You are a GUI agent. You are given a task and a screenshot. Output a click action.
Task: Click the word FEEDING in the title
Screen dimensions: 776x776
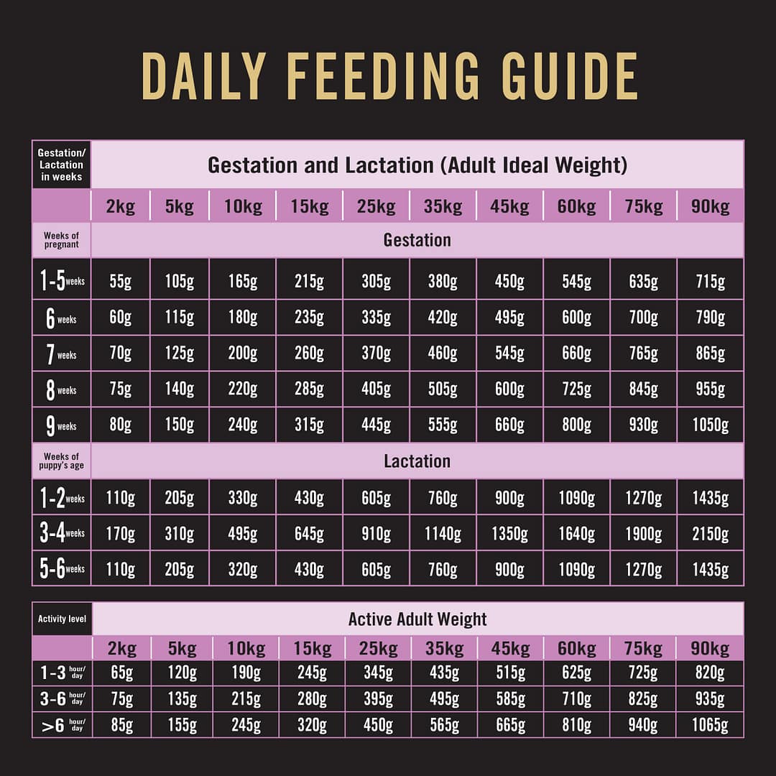click(x=382, y=75)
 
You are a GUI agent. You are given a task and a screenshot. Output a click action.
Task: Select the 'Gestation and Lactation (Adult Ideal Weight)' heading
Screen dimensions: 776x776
click(x=417, y=165)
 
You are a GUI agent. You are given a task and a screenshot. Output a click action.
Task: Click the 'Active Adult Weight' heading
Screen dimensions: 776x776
click(x=417, y=619)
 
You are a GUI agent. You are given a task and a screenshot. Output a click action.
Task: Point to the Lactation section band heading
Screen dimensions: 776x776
click(x=417, y=461)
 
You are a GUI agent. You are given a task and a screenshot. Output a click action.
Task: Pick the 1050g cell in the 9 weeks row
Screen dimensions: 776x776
click(x=710, y=425)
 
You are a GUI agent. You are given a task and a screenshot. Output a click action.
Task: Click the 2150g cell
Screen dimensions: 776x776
click(x=710, y=534)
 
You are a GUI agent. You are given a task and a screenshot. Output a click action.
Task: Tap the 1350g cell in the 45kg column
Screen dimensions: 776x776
click(x=509, y=534)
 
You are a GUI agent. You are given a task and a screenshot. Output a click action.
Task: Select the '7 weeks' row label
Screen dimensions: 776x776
click(x=61, y=354)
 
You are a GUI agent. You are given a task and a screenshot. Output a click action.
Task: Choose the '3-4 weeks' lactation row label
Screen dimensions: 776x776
click(x=61, y=533)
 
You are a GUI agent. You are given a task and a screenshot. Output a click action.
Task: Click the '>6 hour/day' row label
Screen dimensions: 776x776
click(x=62, y=726)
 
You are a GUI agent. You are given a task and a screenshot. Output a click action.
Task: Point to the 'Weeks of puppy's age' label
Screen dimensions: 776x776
click(x=61, y=461)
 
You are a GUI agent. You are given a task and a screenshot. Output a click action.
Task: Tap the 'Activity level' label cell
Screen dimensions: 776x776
click(x=62, y=619)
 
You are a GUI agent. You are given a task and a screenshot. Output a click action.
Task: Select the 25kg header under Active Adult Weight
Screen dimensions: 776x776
click(x=378, y=648)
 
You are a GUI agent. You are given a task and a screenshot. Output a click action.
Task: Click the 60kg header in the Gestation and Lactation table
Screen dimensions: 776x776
click(x=576, y=207)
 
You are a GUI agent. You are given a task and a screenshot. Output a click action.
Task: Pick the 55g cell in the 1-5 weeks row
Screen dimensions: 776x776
click(x=121, y=282)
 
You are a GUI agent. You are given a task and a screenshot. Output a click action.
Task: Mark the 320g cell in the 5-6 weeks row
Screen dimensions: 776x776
click(x=243, y=570)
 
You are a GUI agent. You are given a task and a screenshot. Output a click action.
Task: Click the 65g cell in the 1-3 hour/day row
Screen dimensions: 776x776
click(x=122, y=673)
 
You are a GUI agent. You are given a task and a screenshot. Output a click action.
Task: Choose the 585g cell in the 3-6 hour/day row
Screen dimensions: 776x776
click(x=510, y=700)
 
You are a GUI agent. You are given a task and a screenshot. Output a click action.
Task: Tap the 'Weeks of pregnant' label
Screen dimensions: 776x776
click(x=61, y=240)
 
